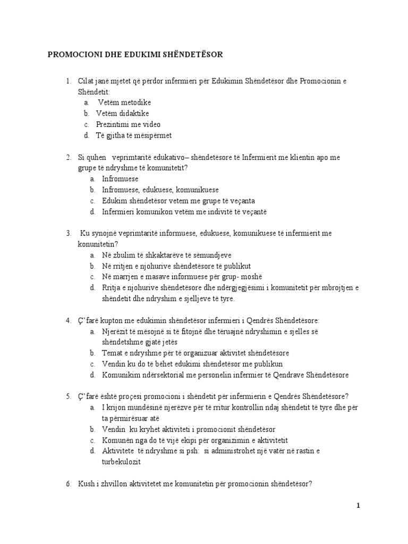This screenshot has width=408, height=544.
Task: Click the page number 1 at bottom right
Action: tap(359, 505)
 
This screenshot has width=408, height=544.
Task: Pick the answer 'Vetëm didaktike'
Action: tap(122, 113)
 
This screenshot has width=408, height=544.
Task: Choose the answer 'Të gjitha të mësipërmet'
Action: tap(134, 135)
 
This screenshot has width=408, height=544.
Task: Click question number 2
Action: tap(69, 157)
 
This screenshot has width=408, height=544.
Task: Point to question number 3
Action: tap(69, 233)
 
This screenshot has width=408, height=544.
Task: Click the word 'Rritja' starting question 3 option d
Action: tap(112, 288)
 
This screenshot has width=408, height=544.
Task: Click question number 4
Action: tap(69, 320)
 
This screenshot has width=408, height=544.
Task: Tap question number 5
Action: tap(69, 396)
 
